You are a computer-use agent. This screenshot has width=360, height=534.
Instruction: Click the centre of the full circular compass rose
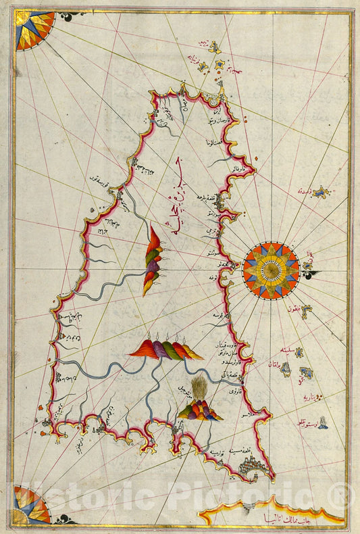pos(271,270)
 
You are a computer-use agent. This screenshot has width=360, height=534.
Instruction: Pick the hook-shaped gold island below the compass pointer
pos(309,310)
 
